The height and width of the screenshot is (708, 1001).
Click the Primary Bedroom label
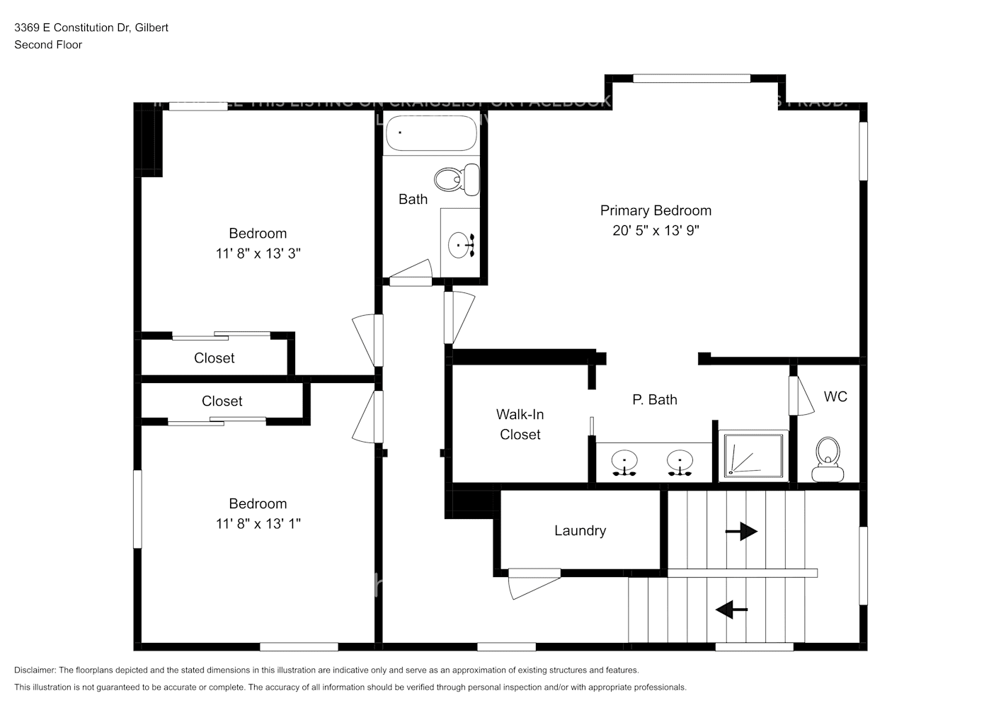point(656,210)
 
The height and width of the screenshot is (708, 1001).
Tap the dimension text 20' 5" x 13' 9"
point(656,230)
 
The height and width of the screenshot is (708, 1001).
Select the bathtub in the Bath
point(431,133)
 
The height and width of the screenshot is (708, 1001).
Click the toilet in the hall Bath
point(457,179)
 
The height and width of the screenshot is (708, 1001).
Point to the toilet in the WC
point(828,460)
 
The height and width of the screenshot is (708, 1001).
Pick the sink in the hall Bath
point(461,245)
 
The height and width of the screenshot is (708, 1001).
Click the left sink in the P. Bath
point(624,462)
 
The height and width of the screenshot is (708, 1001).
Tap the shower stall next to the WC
point(753,456)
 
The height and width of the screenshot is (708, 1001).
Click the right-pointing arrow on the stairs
point(741,531)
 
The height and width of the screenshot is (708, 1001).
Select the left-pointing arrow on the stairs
point(731,609)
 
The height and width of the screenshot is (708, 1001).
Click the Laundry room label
point(580,530)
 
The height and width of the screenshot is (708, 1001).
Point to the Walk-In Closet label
point(520,424)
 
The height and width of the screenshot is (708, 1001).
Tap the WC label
point(835,396)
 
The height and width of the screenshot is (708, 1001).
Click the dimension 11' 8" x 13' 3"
point(258,253)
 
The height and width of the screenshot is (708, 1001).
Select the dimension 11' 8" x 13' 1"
point(258,523)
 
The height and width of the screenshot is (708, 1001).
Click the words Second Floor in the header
point(48,45)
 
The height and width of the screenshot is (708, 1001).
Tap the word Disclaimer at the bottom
point(35,670)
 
